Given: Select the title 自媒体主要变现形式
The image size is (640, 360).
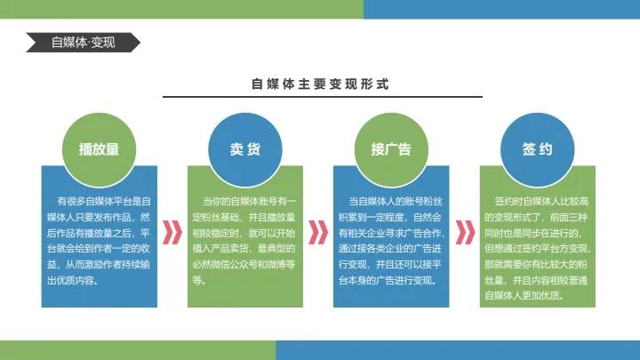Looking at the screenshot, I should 320,84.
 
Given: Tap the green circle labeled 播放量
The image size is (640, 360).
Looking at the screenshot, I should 99,149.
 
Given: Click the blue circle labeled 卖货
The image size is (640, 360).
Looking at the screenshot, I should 245,149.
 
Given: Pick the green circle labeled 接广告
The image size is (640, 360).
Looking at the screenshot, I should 391,149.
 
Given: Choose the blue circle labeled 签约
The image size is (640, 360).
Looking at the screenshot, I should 537,149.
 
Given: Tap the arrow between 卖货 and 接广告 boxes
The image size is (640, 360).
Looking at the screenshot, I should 318,232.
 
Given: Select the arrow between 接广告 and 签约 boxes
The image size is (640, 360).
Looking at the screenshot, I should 464,232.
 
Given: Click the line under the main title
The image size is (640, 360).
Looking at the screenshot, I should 320,99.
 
